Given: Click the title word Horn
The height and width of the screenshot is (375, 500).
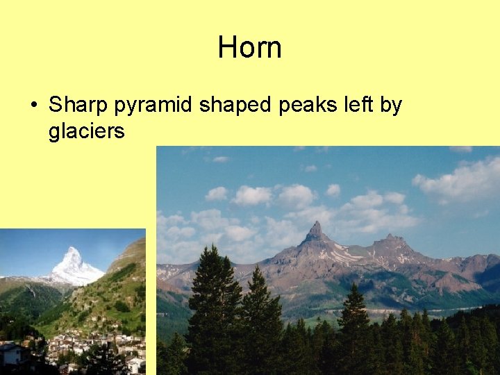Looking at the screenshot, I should tap(249, 48).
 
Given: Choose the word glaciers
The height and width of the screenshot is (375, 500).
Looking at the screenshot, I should tap(86, 131).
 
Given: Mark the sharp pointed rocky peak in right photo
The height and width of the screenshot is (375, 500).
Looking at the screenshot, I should tap(317, 231).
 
